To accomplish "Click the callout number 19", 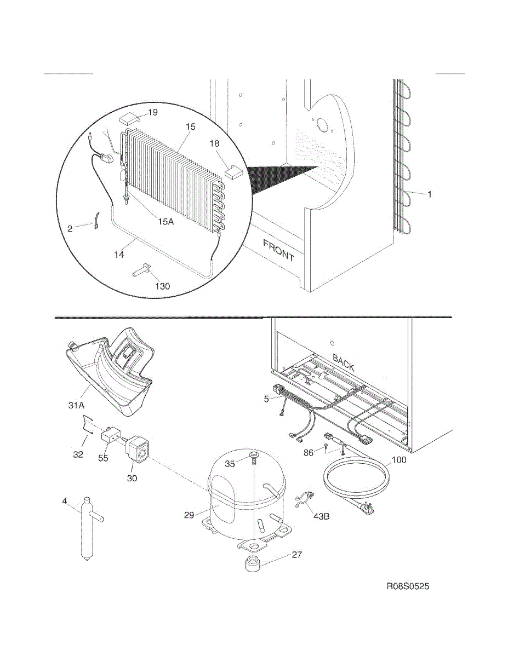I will pos(153,112).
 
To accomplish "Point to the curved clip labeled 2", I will pos(96,222).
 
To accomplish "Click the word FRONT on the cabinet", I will pos(278,250).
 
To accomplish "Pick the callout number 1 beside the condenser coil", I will pos(430,194).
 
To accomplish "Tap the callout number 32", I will pos(78,454).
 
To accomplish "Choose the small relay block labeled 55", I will pos(112,436).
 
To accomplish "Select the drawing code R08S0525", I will pos(408,587).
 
